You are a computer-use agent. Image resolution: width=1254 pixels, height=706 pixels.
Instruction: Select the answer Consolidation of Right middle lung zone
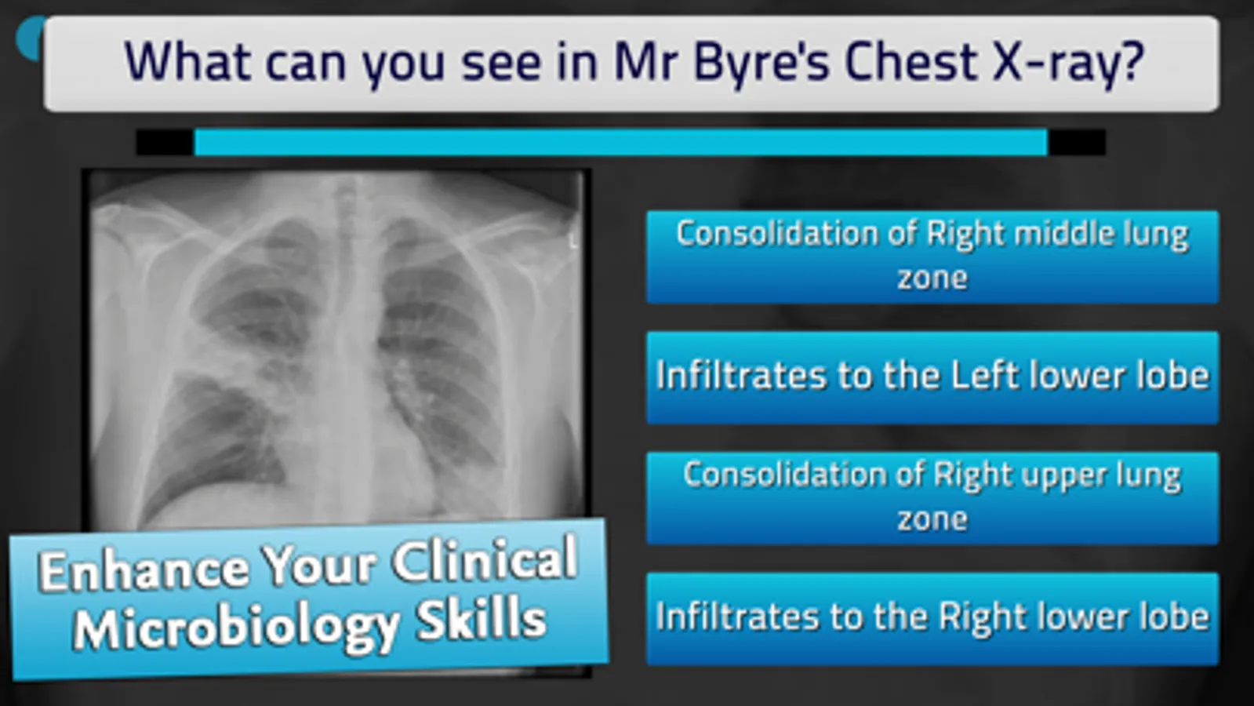(x=932, y=257)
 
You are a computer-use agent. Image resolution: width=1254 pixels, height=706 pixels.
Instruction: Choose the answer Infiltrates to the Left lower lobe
(x=932, y=377)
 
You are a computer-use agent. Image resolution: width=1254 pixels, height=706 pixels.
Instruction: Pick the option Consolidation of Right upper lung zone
(x=932, y=497)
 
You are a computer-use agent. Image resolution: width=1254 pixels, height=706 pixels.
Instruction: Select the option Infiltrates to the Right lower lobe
(x=932, y=619)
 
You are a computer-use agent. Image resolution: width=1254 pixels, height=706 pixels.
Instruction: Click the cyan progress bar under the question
(x=620, y=142)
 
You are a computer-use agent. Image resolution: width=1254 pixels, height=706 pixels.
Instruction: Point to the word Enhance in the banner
(x=144, y=571)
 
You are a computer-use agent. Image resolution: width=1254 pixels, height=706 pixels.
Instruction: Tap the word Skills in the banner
(x=482, y=619)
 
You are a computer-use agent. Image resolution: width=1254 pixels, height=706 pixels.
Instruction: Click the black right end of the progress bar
(x=1077, y=142)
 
